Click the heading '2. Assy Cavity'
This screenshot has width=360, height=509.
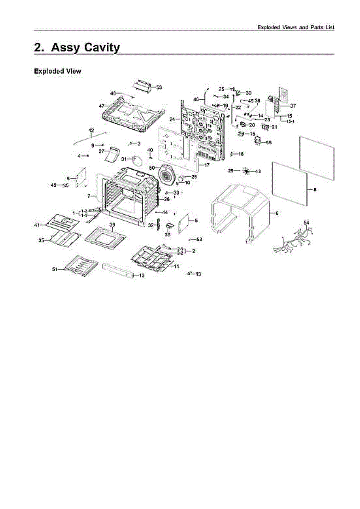[77, 48]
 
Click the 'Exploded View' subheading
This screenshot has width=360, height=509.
[57, 71]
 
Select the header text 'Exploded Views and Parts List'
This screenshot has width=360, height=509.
[296, 27]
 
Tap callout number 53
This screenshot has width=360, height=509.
[159, 87]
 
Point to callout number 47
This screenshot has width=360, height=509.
[101, 105]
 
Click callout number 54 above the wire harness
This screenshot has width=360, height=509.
[307, 223]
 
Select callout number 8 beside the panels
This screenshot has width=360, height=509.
[315, 190]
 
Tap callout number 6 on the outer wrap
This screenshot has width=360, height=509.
[276, 213]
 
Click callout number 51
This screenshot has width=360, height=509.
[55, 269]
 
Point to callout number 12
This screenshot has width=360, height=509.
[142, 275]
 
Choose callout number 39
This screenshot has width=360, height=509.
[112, 224]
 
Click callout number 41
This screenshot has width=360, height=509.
[37, 225]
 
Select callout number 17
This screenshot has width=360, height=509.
[207, 165]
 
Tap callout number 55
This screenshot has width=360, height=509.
[268, 143]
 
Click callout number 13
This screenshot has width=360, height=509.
[198, 274]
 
